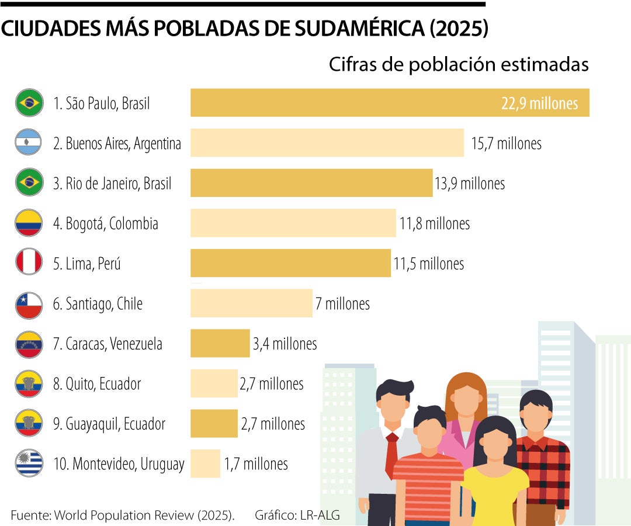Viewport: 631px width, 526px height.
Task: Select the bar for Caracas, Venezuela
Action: pyautogui.click(x=220, y=343)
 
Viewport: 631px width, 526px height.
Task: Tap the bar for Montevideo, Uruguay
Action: pyautogui.click(x=205, y=463)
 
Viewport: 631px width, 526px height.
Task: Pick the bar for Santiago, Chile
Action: pyautogui.click(x=251, y=303)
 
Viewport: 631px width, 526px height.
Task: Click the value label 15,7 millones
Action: pyautogui.click(x=506, y=143)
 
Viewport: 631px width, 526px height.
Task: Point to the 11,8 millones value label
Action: pyautogui.click(x=434, y=223)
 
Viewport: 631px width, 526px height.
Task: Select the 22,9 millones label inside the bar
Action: pyautogui.click(x=539, y=103)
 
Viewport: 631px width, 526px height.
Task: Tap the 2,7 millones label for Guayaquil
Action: pyautogui.click(x=273, y=424)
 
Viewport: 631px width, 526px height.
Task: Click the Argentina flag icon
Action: pyautogui.click(x=28, y=143)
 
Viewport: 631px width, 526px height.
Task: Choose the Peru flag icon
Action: pyautogui.click(x=28, y=263)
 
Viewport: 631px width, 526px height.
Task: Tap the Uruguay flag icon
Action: pyautogui.click(x=28, y=463)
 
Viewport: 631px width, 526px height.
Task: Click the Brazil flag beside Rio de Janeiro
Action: pyautogui.click(x=28, y=183)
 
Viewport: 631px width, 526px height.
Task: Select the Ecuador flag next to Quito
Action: pyautogui.click(x=28, y=383)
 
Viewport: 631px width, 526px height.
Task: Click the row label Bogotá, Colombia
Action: pyautogui.click(x=105, y=224)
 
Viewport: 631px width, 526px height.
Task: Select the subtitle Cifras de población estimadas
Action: pyautogui.click(x=458, y=65)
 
